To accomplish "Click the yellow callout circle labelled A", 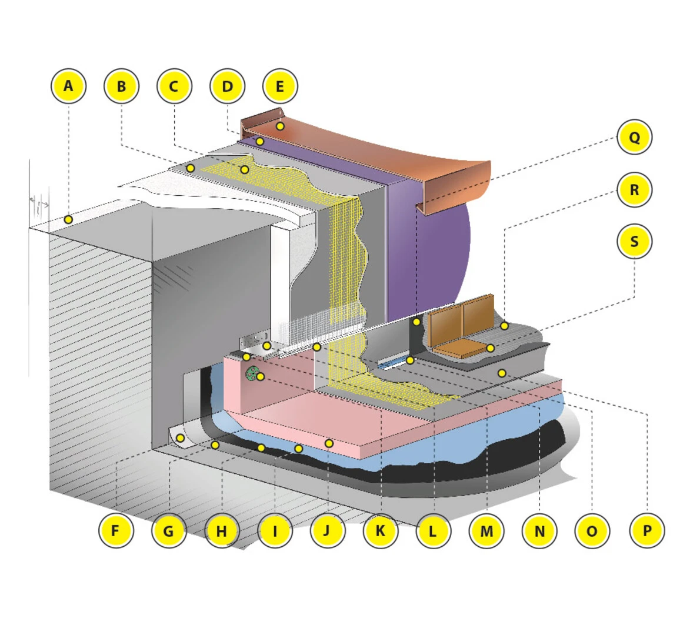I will (x=69, y=86).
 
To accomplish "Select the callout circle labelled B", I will (x=121, y=86).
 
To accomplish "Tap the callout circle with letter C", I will (x=174, y=86).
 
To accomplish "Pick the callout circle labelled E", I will (x=280, y=86).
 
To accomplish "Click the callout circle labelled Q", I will (x=634, y=137).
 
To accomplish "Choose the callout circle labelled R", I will (x=634, y=189).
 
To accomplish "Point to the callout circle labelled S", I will (x=634, y=241).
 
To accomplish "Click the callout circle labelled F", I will (x=116, y=531).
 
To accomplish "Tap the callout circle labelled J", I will (x=327, y=531).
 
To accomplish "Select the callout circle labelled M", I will (x=486, y=531).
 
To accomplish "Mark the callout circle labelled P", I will (x=646, y=531).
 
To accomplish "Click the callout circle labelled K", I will (x=380, y=531).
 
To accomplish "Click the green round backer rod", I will (x=252, y=374).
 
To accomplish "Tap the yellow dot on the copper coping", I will (x=281, y=126).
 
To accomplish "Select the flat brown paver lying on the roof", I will (x=461, y=349).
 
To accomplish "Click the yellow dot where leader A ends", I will (x=68, y=219).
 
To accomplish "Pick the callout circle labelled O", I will (x=592, y=531).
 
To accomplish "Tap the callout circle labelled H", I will (x=221, y=531).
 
